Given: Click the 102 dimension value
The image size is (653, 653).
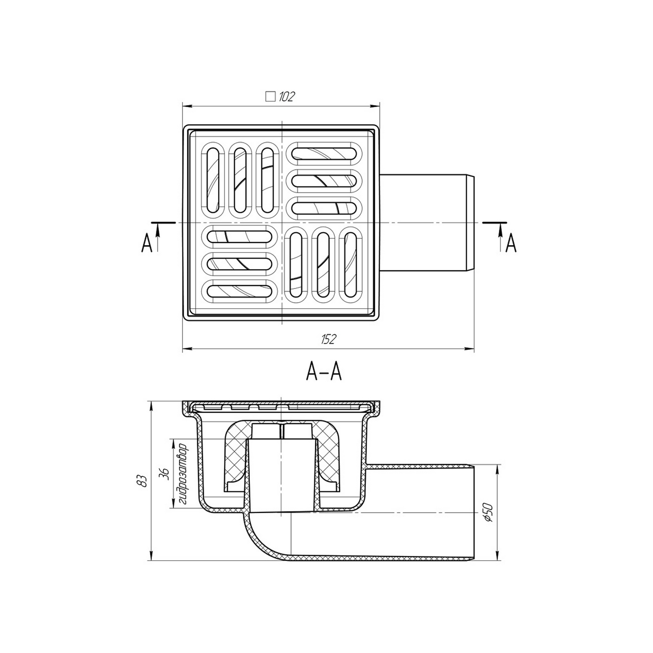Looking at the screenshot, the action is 286,97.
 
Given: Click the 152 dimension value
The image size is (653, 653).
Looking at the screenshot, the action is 330,340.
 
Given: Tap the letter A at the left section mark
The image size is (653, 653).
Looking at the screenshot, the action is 147,243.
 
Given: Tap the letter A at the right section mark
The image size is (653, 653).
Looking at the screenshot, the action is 511,243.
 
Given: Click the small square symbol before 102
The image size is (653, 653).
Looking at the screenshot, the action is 270,97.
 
